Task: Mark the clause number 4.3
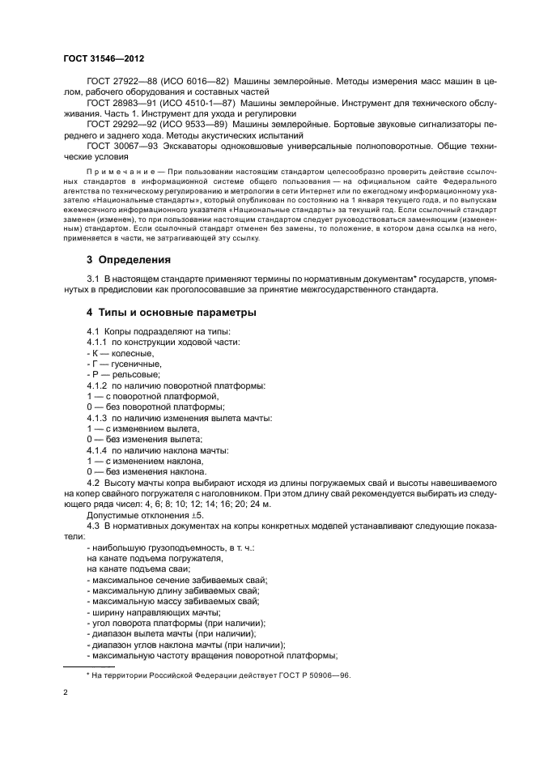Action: pyautogui.click(x=94, y=526)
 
